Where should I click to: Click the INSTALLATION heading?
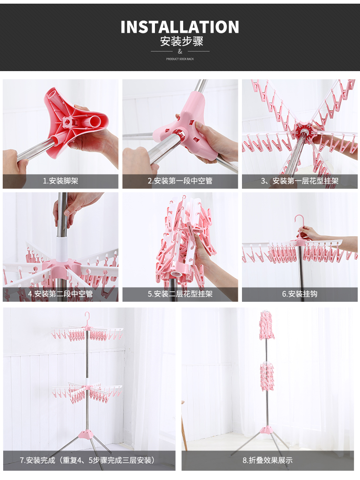click(x=180, y=27)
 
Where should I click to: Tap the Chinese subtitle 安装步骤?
click(x=181, y=42)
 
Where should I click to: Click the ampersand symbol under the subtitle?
click(x=180, y=52)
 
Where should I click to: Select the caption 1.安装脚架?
click(x=61, y=181)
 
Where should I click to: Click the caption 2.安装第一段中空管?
click(x=180, y=181)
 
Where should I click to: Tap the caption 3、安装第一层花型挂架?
click(x=299, y=181)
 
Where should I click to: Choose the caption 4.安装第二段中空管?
click(x=61, y=294)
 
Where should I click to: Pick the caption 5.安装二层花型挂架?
click(x=180, y=294)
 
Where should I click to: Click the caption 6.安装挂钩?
click(x=299, y=294)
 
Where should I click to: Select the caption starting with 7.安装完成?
click(x=89, y=460)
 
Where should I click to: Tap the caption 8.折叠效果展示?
click(x=267, y=460)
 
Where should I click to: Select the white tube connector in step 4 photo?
click(x=62, y=248)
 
